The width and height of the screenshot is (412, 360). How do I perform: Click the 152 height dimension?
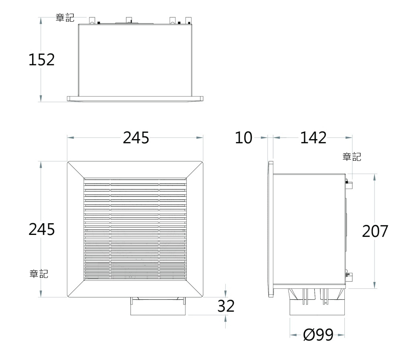click(x=41, y=60)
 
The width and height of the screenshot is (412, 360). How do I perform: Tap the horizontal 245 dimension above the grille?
click(x=136, y=138)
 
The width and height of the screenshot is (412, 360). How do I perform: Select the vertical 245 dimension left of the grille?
click(x=41, y=229)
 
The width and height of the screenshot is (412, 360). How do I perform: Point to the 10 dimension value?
click(x=243, y=138)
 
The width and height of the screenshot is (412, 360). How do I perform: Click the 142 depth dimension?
click(x=313, y=138)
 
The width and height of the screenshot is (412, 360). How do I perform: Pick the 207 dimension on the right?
click(x=375, y=231)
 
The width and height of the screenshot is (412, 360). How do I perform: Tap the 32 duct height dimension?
click(x=226, y=306)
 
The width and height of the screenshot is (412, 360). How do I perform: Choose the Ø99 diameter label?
click(x=318, y=335)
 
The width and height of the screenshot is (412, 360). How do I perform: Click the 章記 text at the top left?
click(x=65, y=18)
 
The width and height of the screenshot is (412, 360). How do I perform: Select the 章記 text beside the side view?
click(x=352, y=156)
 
